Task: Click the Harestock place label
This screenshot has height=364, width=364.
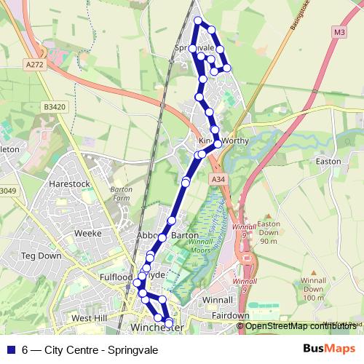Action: pyautogui.click(x=68, y=184)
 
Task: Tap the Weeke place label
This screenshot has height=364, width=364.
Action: pyautogui.click(x=88, y=234)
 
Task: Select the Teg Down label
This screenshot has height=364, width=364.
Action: pyautogui.click(x=41, y=256)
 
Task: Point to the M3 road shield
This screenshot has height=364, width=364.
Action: pyautogui.click(x=340, y=32)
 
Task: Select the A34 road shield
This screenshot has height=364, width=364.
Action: pyautogui.click(x=217, y=178)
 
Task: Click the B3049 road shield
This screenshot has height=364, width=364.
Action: pyautogui.click(x=7, y=191)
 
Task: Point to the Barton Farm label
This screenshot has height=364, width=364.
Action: pyautogui.click(x=121, y=193)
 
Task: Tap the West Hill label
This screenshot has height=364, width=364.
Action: pyautogui.click(x=90, y=319)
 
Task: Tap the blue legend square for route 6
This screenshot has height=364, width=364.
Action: pyautogui.click(x=10, y=349)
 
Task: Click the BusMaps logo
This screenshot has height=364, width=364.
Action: pyautogui.click(x=330, y=349)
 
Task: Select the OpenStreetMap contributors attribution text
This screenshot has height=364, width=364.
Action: pyautogui.click(x=301, y=326)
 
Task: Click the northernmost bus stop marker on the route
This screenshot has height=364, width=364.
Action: pyautogui.click(x=198, y=20)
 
